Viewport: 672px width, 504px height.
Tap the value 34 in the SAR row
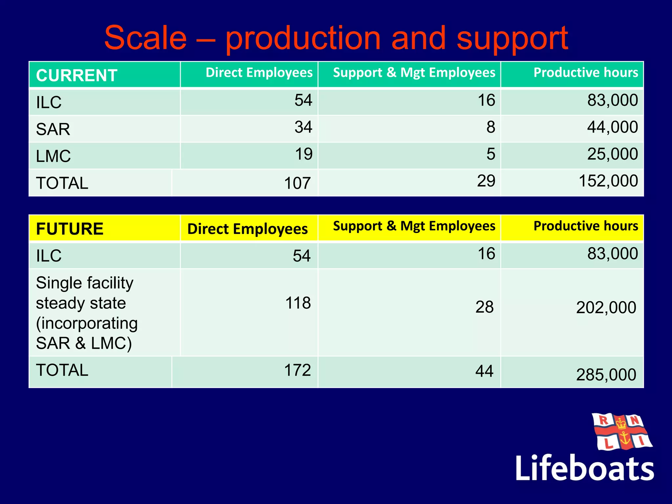(303, 127)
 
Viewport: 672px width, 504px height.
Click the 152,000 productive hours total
(608, 181)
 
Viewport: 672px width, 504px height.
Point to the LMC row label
(53, 156)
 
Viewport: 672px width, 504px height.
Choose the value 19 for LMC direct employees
(304, 154)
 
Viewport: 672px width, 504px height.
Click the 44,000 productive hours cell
(612, 127)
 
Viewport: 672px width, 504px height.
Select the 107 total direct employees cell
(297, 183)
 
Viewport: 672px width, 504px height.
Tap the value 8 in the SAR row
(491, 127)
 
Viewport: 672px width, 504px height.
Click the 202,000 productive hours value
(606, 308)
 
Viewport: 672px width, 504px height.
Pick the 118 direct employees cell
(298, 303)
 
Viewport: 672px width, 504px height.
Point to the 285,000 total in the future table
(606, 375)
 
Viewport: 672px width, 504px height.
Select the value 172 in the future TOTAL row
(297, 370)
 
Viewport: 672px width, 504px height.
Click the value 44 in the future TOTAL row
(484, 371)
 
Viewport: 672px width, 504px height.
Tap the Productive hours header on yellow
(586, 226)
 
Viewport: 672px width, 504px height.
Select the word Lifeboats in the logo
(584, 468)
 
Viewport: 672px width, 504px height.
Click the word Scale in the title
(145, 38)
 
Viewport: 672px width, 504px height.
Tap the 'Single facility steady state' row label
(87, 313)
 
